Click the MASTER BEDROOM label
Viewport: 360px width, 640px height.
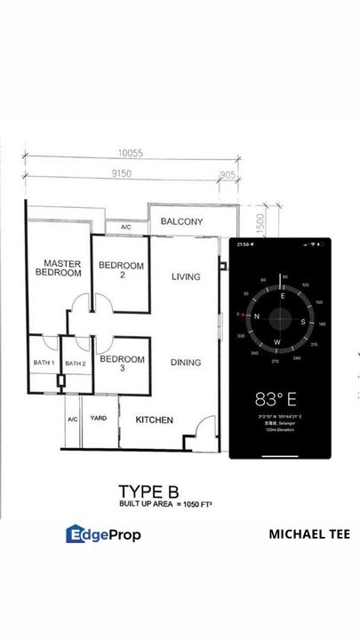click(x=58, y=268)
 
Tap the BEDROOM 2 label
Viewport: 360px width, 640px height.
click(x=121, y=270)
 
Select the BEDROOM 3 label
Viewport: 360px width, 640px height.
click(x=121, y=364)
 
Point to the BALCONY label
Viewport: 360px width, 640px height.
click(x=182, y=222)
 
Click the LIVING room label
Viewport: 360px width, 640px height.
click(x=186, y=277)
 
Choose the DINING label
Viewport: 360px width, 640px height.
click(x=186, y=363)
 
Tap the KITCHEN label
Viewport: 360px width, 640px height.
click(x=154, y=420)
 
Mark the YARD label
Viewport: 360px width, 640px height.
click(x=99, y=418)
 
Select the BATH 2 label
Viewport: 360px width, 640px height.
click(x=76, y=364)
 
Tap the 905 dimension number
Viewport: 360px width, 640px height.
click(x=228, y=175)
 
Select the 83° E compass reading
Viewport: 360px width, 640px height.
click(x=280, y=399)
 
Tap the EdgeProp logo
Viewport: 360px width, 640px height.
click(x=103, y=534)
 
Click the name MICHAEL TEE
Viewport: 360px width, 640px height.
click(x=308, y=534)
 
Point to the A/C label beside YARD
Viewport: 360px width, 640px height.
click(x=72, y=418)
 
